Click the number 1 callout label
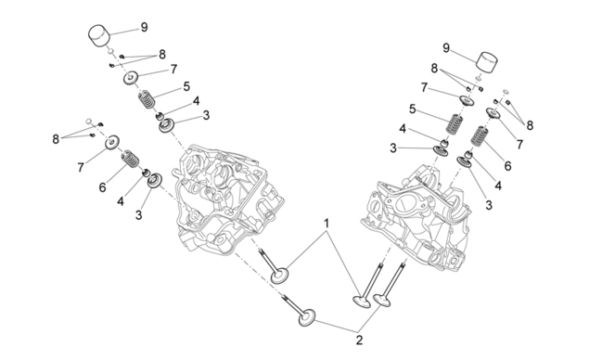327,224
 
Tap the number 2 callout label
360,341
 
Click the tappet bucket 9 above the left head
99,35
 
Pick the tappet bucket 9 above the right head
487,61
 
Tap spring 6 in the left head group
130,159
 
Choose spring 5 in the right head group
455,124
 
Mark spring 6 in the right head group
480,136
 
